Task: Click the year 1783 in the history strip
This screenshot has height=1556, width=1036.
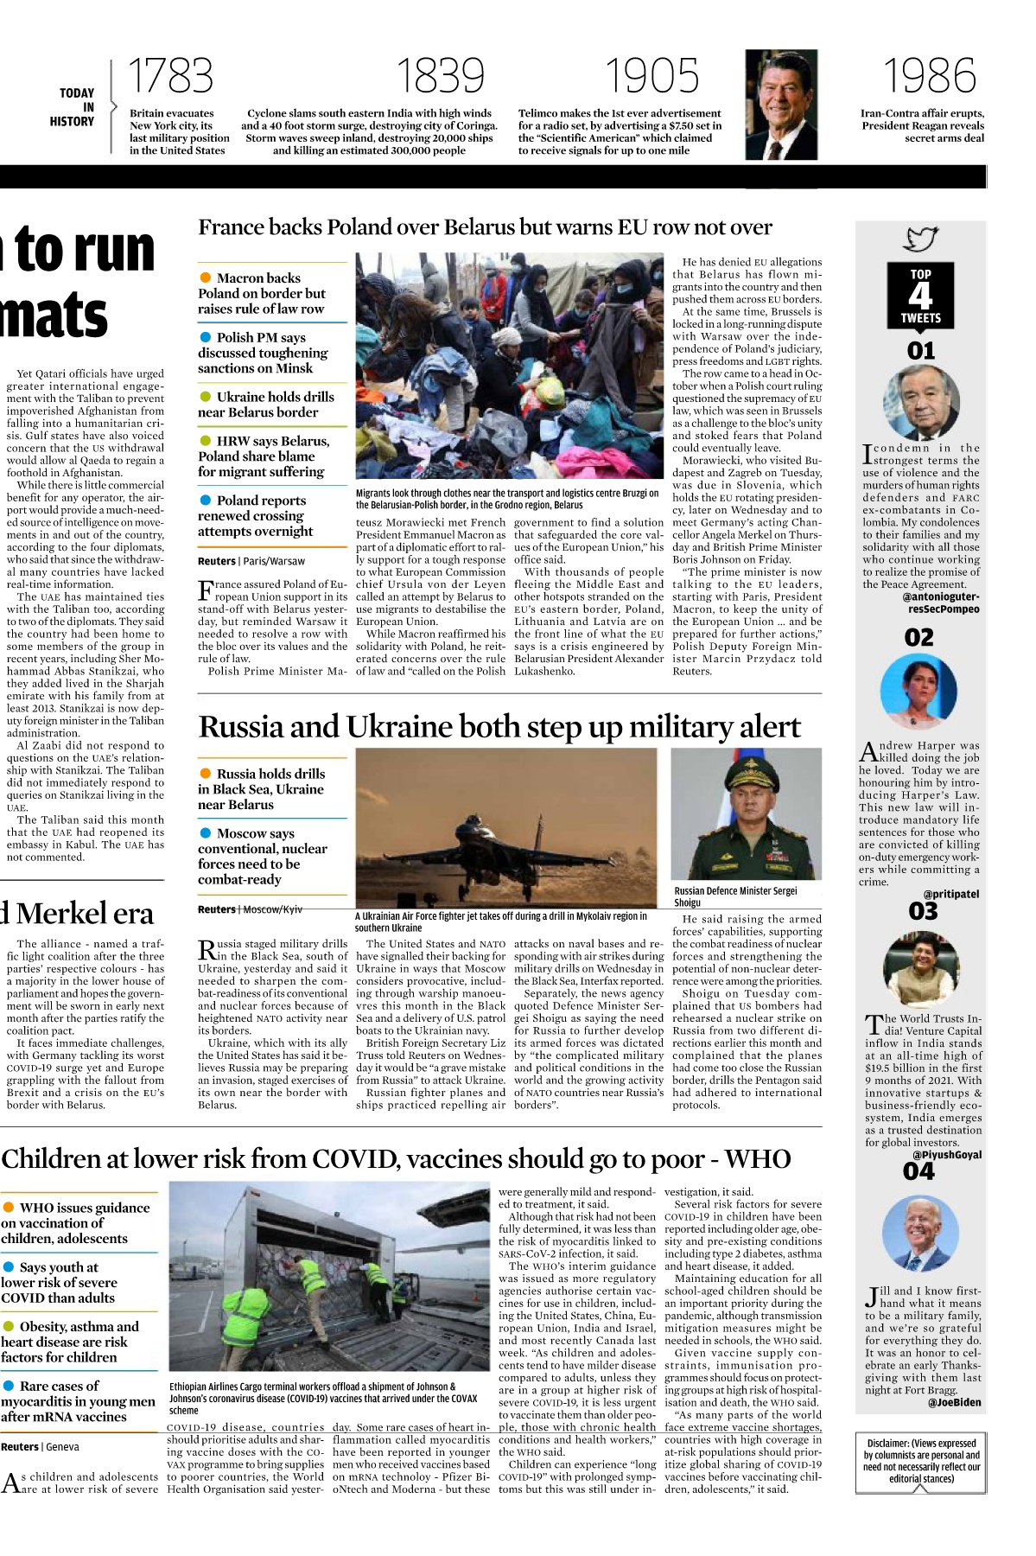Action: [170, 76]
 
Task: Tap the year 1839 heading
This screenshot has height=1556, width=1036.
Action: [440, 76]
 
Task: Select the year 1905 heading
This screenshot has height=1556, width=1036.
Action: [651, 76]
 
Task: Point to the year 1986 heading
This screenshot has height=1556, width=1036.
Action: [929, 76]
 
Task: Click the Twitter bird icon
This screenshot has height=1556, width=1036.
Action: [920, 239]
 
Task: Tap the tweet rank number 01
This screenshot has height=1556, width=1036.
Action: [921, 351]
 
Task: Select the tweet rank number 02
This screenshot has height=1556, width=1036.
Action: [919, 638]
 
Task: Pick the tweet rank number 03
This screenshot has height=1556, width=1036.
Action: [922, 911]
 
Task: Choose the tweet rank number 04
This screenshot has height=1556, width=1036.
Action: [918, 1171]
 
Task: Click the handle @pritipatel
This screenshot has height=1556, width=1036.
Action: [951, 894]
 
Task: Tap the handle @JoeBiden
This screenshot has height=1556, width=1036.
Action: [954, 1402]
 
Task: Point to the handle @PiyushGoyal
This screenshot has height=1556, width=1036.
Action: [947, 1155]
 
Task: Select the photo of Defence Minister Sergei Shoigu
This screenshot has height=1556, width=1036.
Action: [746, 814]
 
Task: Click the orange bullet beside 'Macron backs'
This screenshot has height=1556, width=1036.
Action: [206, 277]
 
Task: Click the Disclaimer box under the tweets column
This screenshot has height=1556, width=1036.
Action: [921, 1460]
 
